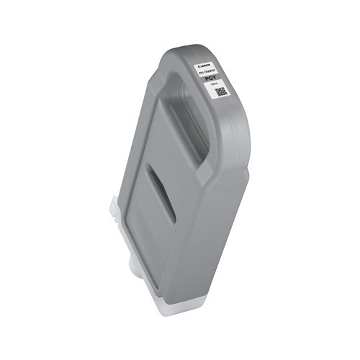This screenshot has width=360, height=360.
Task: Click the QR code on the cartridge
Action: coord(221,91)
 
